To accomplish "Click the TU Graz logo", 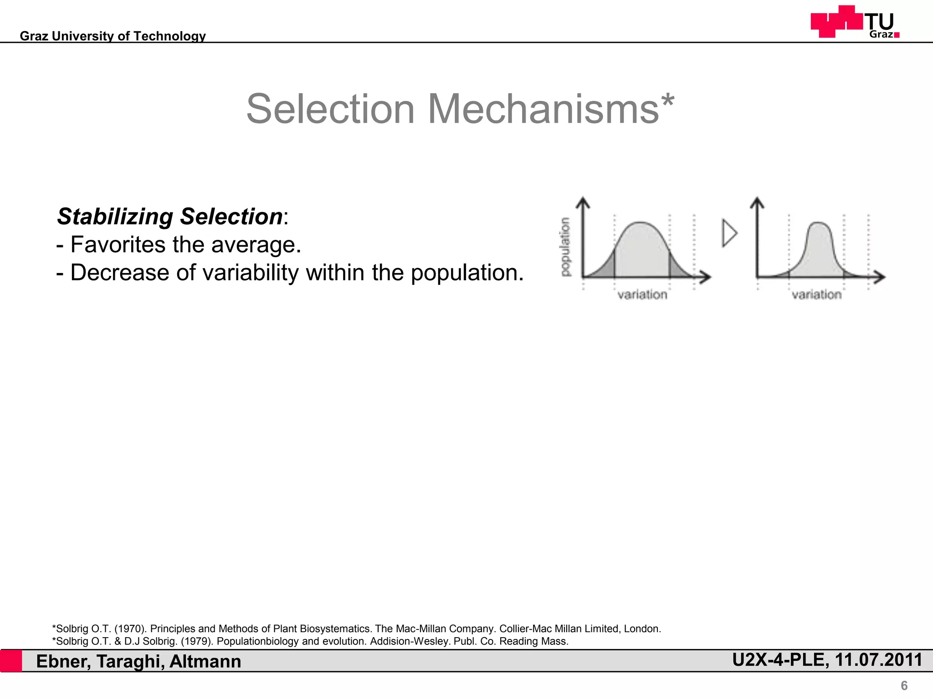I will pyautogui.click(x=855, y=22).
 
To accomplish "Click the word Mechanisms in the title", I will pyautogui.click(x=543, y=109).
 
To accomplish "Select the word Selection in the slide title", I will pyautogui.click(x=330, y=109).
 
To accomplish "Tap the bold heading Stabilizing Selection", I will pyautogui.click(x=169, y=217).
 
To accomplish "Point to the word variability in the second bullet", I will pyautogui.click(x=250, y=273).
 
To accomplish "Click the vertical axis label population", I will pyautogui.click(x=565, y=247).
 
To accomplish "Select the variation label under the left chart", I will pyautogui.click(x=642, y=295).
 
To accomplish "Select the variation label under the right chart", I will pyautogui.click(x=816, y=295).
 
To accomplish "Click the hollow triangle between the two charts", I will pyautogui.click(x=729, y=233).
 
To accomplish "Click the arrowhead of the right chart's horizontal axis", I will pyautogui.click(x=880, y=276).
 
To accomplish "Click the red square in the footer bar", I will pyautogui.click(x=11, y=661).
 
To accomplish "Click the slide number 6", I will pyautogui.click(x=904, y=685).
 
